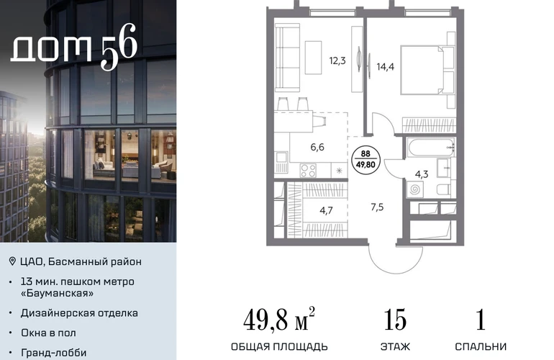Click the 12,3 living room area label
[337, 61]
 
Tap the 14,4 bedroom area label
[386, 66]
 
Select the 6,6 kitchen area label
[317, 147]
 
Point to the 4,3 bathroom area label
[422, 174]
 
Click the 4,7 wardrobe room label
[326, 211]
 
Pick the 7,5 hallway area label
[377, 207]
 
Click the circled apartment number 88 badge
[365, 160]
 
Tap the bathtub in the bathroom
[431, 148]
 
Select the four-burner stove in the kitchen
[308, 171]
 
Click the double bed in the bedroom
[427, 70]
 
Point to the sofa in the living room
[287, 58]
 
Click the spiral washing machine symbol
[415, 189]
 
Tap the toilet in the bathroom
[444, 189]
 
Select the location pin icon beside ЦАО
[12, 261]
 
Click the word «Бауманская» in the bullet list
[58, 293]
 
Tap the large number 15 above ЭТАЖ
[395, 320]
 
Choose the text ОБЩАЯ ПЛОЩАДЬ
[279, 346]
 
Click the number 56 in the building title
[119, 46]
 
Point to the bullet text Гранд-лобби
[54, 353]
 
